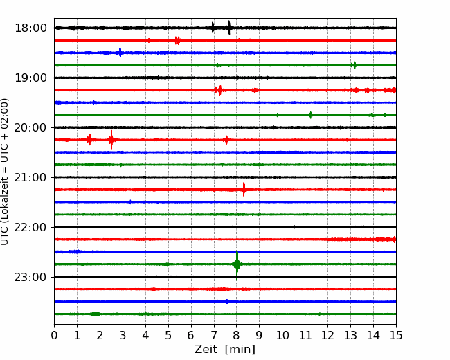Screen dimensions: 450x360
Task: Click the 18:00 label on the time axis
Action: [30, 28]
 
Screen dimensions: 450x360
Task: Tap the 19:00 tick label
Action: [30, 78]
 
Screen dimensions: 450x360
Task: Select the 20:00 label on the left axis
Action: [30, 128]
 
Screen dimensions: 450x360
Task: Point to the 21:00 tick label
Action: [30, 177]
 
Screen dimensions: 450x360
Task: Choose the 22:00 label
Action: [30, 227]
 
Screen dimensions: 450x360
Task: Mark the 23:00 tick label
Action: [30, 278]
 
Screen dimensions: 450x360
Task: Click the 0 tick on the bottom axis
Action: [54, 335]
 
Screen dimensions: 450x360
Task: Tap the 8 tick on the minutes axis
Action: [237, 335]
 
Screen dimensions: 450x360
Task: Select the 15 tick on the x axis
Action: [396, 335]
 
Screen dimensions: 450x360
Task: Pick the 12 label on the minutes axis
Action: [327, 335]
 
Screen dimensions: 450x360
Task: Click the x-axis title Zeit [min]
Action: [225, 350]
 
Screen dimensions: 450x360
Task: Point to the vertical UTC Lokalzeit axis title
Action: [5, 172]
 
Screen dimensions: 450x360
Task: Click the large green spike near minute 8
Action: [237, 264]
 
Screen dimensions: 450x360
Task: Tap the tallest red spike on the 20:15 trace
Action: [111, 140]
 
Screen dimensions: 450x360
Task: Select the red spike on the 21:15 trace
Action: [244, 190]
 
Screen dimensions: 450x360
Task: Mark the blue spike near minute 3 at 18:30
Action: [120, 53]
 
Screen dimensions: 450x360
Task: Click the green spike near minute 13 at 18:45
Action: [354, 65]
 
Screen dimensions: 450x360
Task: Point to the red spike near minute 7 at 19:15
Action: [220, 90]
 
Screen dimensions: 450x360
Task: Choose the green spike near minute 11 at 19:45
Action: [310, 115]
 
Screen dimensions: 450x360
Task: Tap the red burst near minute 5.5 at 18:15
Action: [178, 40]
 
